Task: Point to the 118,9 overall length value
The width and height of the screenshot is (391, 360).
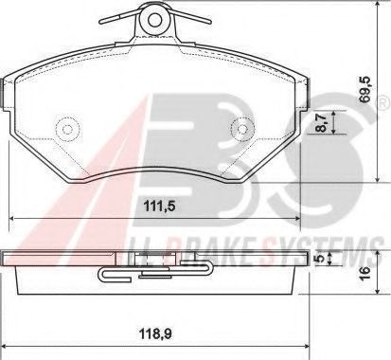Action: click(x=154, y=333)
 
